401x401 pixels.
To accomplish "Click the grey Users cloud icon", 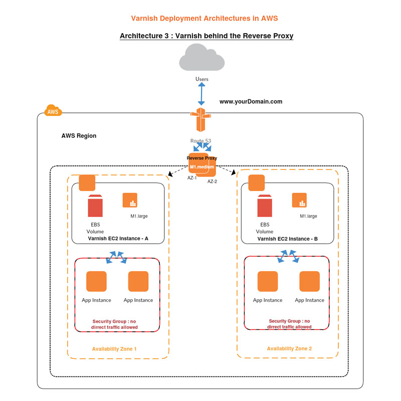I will [202, 58].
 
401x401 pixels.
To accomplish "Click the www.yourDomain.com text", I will [251, 101].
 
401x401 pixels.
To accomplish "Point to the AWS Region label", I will [79, 136].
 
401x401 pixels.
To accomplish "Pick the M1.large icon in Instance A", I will [130, 200].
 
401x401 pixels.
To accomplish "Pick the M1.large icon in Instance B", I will [300, 200].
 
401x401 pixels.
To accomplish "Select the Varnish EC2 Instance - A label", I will [118, 239].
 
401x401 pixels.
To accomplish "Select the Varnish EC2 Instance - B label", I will [287, 239].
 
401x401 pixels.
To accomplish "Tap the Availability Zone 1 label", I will [114, 349].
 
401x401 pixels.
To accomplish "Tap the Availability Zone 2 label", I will [289, 349].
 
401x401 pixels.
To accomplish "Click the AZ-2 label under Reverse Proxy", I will [213, 181].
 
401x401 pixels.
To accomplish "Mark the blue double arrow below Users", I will [202, 94].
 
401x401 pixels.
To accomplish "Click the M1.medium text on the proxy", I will [202, 167].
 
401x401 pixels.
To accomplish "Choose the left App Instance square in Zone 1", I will [96, 281].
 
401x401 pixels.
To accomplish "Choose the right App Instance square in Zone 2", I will [310, 281].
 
